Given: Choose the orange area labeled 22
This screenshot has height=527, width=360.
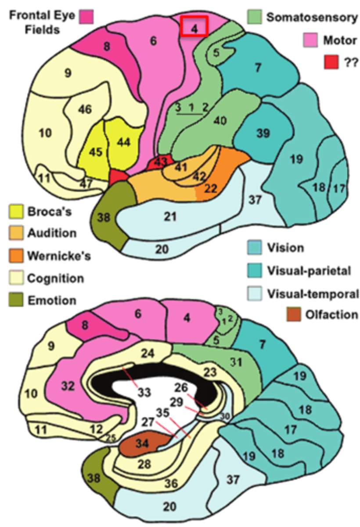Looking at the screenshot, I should pos(211,188).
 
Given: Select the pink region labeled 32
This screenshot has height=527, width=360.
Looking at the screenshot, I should pos(68,386).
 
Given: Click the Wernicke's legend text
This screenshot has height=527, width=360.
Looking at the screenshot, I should pos(59,256).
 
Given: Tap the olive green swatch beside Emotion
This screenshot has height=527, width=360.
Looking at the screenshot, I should pos(15,301).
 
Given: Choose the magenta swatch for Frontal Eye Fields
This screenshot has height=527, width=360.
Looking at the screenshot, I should pos(86,17).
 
